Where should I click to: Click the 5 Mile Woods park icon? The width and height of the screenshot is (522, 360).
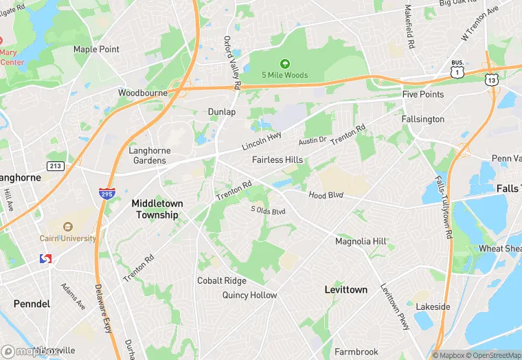[284, 63]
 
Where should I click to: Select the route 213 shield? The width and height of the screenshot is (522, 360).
[56, 166]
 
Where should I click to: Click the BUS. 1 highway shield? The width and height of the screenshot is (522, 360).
[457, 70]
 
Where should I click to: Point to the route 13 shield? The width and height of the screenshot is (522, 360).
[491, 80]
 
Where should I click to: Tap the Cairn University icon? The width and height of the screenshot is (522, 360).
[67, 227]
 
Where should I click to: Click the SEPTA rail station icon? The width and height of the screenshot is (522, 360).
[46, 258]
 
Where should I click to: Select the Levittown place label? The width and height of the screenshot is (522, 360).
[345, 290]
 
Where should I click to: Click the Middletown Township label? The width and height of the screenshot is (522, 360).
[155, 209]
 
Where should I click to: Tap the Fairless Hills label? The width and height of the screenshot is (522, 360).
[277, 160]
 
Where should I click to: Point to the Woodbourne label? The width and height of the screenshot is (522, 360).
[142, 93]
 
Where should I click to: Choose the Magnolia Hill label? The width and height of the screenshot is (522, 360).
[361, 242]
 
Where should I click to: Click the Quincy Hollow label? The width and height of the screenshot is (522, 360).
[249, 295]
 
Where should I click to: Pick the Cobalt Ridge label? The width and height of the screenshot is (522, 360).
[221, 281]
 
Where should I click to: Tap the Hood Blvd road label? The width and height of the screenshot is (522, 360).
[326, 195]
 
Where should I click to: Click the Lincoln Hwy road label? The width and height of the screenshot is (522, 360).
[262, 142]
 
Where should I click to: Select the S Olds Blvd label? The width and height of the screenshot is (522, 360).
[268, 210]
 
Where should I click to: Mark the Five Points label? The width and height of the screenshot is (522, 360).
[423, 94]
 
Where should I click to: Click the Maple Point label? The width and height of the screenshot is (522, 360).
[96, 49]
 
